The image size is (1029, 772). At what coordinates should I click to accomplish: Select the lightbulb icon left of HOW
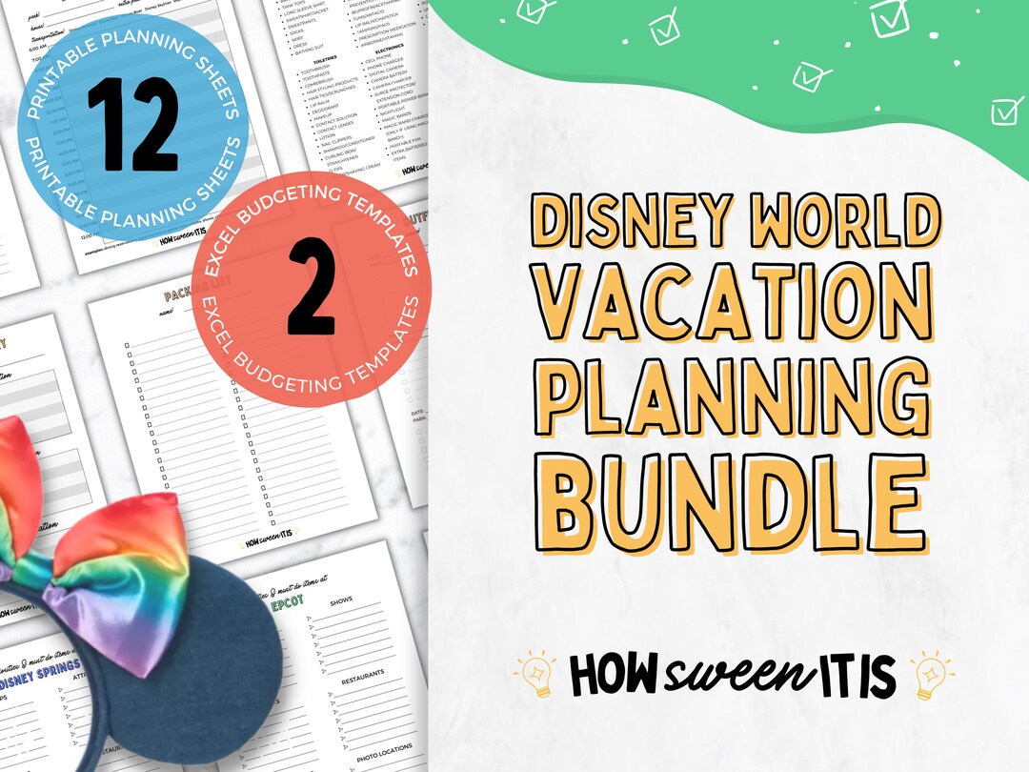pos(537,674)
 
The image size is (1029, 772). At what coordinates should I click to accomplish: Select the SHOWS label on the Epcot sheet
pos(340,601)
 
